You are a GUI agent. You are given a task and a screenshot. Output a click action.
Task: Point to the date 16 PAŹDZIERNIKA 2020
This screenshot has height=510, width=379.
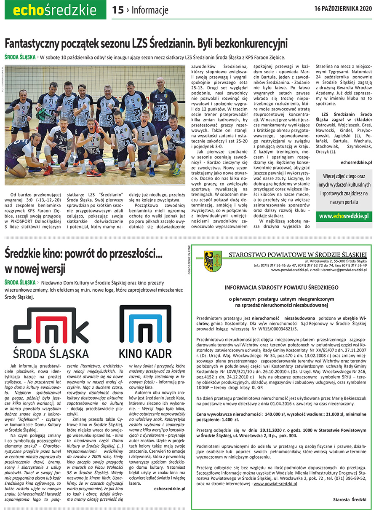343,8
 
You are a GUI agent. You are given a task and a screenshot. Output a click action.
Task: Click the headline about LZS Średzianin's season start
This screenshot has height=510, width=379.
146,43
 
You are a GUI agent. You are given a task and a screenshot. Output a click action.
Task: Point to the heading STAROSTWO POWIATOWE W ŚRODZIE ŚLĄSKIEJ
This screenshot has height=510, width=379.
298,254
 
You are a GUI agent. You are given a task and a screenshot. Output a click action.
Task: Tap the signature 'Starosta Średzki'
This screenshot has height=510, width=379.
349,499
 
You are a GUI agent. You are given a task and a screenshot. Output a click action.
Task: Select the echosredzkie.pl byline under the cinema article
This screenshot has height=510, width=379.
170,489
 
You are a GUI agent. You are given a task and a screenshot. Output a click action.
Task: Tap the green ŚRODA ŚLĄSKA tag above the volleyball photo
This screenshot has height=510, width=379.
20,57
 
